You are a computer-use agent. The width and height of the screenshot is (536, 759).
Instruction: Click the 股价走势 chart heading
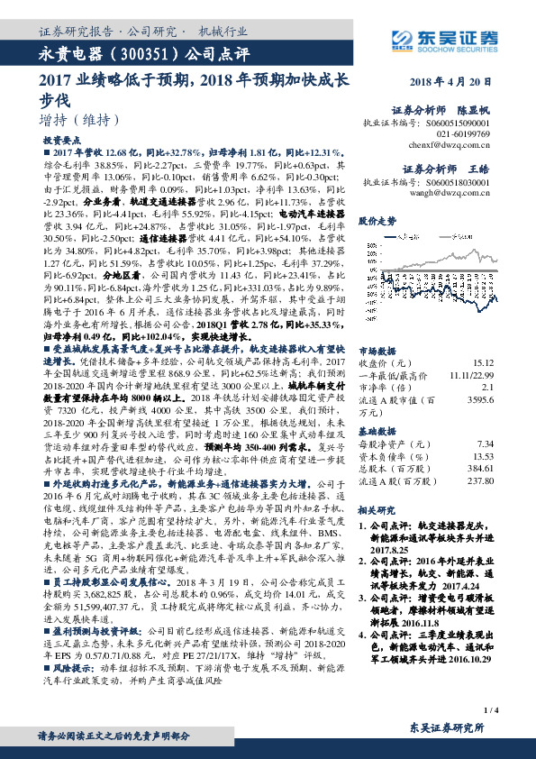pos(377,221)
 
